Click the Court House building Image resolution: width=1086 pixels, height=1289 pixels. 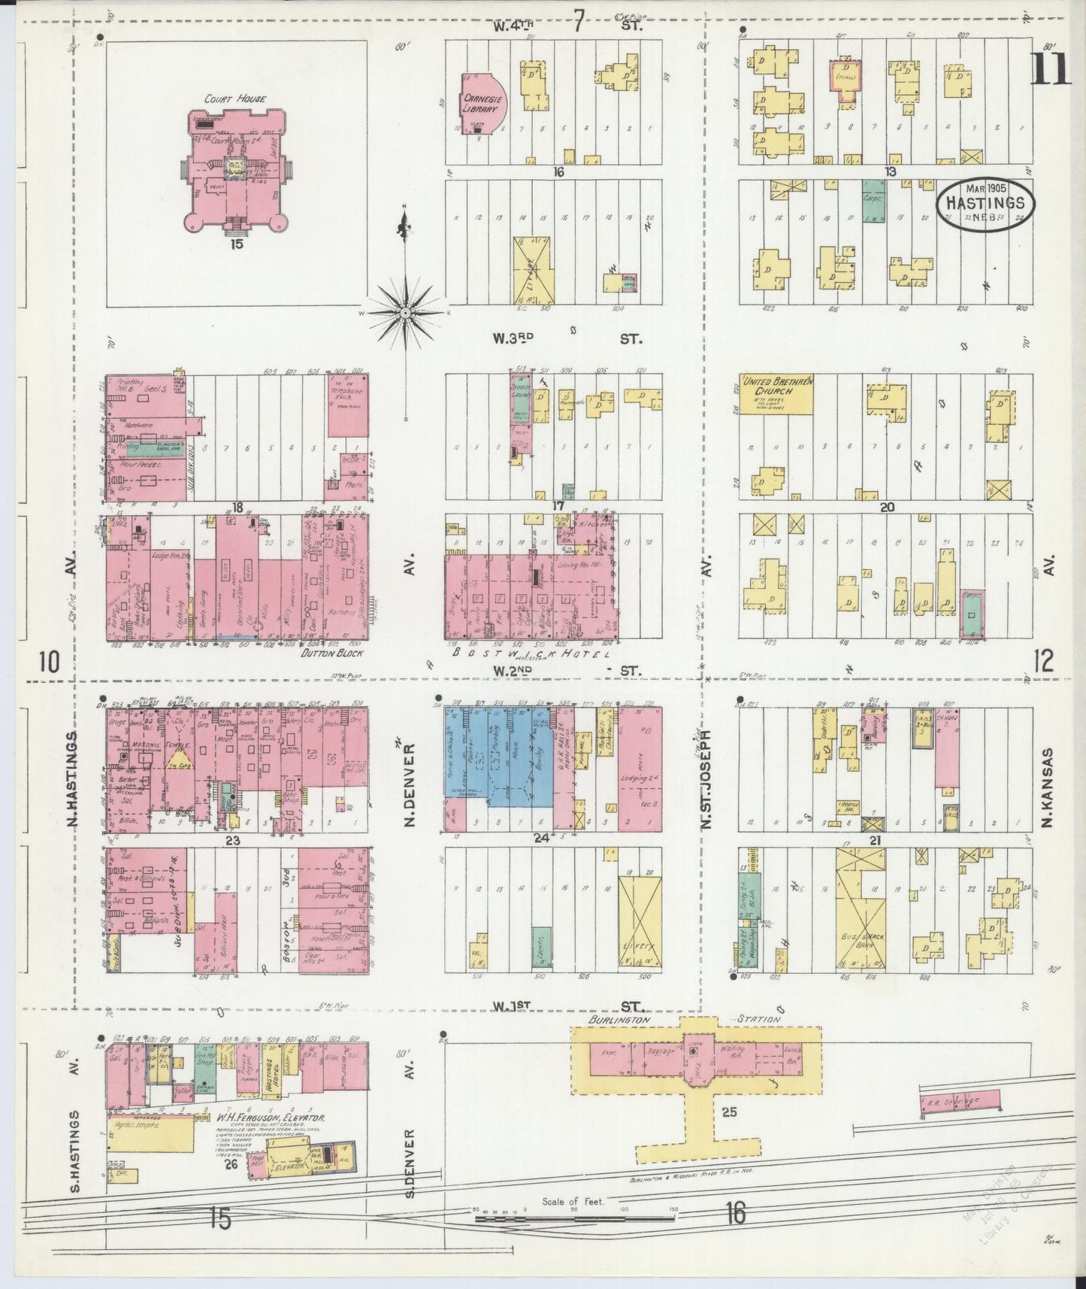235,171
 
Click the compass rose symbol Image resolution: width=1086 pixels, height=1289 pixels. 406,311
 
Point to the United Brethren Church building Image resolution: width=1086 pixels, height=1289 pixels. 776,393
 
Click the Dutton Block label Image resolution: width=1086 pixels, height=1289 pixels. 332,654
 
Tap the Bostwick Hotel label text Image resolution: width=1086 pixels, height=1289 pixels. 530,654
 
